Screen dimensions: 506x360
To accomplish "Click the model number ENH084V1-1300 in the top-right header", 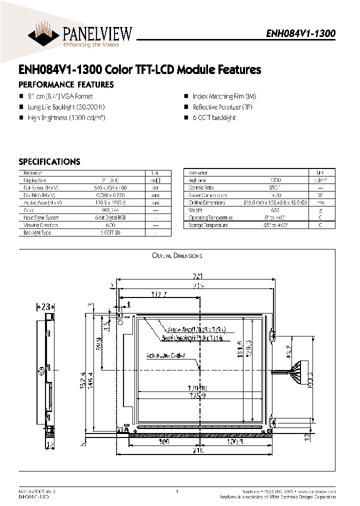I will [x=300, y=33].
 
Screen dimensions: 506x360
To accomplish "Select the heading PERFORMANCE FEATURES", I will [x=66, y=84].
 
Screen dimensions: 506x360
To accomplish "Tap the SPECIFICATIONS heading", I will [x=49, y=162].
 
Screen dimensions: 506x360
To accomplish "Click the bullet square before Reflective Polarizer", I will [x=186, y=107].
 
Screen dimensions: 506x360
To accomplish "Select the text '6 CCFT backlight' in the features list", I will [x=214, y=117].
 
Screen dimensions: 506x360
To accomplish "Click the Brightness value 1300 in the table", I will [x=275, y=180].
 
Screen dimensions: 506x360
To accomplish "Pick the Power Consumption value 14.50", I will [x=275, y=195].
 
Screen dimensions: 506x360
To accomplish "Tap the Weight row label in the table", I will [x=195, y=210].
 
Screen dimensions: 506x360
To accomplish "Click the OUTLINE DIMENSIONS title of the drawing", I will [x=177, y=255].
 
